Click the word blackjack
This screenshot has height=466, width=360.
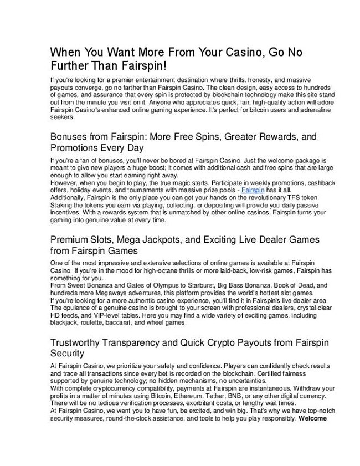[x=64, y=321]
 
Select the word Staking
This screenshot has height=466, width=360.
[x=62, y=204]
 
